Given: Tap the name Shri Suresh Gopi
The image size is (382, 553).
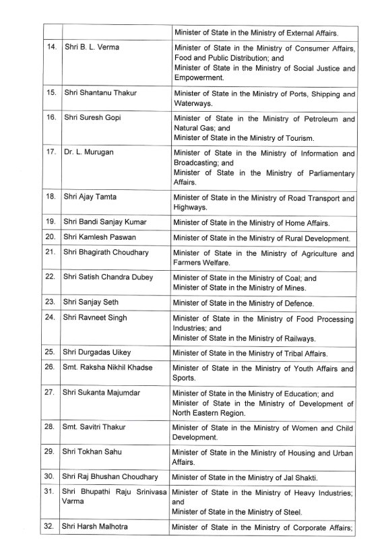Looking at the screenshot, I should tap(93, 117).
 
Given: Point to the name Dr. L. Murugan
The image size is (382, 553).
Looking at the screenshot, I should tap(88, 152).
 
